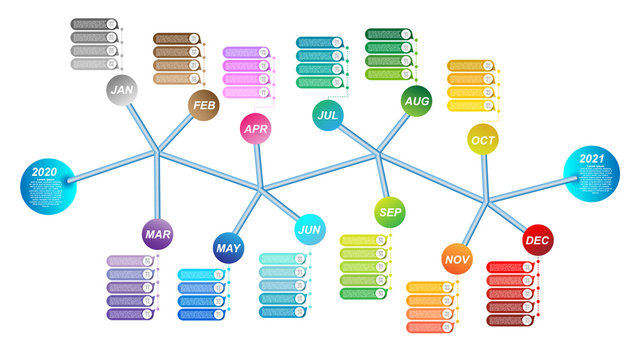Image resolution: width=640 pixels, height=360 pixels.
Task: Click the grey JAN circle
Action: (122, 90)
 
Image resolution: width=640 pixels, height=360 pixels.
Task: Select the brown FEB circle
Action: (204, 105)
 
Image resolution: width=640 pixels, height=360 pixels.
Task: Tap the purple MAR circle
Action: (157, 234)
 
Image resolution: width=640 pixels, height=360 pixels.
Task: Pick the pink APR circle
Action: (256, 128)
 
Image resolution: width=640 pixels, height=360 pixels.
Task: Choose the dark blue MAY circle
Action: (228, 247)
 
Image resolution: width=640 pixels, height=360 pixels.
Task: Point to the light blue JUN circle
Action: (310, 230)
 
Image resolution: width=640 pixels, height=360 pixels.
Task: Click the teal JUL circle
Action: (327, 115)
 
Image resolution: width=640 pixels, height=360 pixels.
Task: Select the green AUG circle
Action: (416, 101)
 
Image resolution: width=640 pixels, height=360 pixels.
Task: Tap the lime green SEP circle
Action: (390, 212)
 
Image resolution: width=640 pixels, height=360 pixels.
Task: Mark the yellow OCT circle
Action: (482, 139)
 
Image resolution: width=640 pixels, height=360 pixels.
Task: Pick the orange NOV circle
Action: (457, 260)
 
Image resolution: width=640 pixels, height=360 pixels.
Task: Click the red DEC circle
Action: (537, 240)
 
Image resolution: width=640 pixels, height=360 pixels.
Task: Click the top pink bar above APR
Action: (246, 52)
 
